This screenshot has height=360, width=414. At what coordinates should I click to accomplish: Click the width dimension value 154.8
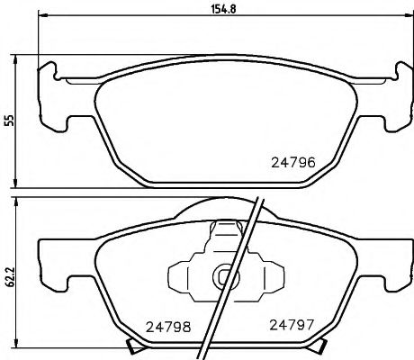pyautogui.click(x=210, y=12)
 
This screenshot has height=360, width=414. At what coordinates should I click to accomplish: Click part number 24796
pyautogui.click(x=292, y=164)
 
